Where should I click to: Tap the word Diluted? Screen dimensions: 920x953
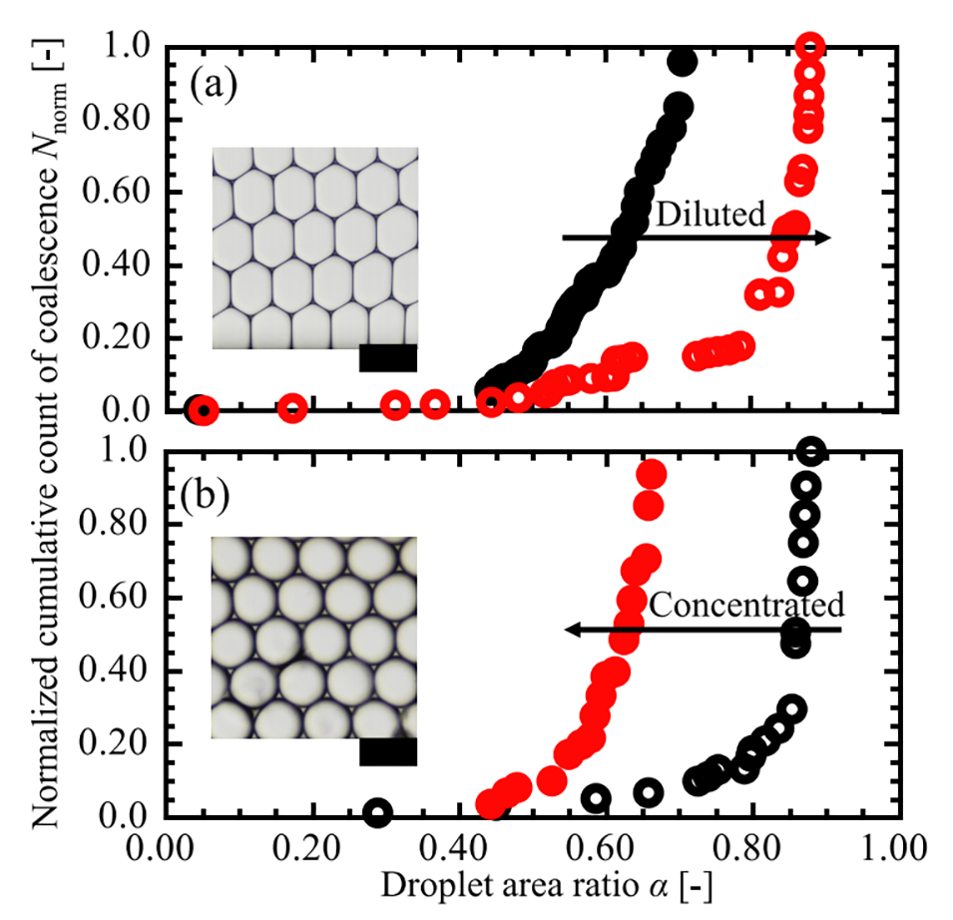pos(710,213)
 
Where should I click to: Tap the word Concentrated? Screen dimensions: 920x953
pos(746,605)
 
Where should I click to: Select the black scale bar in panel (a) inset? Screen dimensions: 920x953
pos(387,357)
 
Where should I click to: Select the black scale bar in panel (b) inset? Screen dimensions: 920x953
pos(387,752)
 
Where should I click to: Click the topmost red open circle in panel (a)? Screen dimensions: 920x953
pos(811,46)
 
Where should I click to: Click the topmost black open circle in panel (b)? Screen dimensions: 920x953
pos(811,451)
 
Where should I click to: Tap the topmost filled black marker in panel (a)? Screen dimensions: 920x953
pos(683,62)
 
